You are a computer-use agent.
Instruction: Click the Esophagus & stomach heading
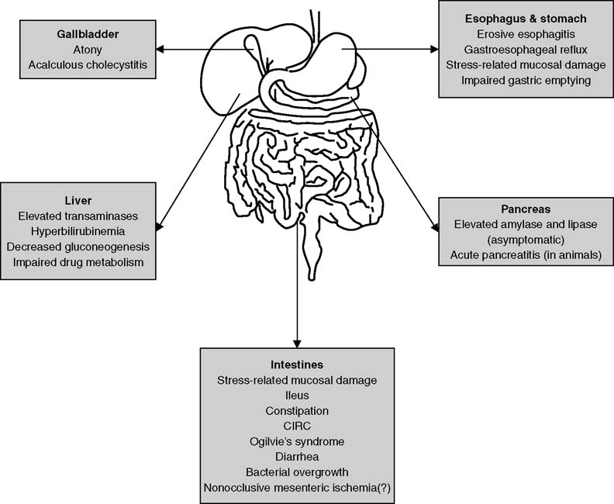click(x=525, y=18)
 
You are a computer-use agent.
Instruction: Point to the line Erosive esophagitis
click(x=525, y=33)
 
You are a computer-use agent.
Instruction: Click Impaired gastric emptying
click(x=525, y=79)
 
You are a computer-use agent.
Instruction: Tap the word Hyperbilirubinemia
click(x=81, y=231)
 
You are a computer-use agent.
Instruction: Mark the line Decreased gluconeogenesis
click(x=81, y=247)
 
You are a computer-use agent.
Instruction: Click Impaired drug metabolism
click(x=81, y=264)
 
